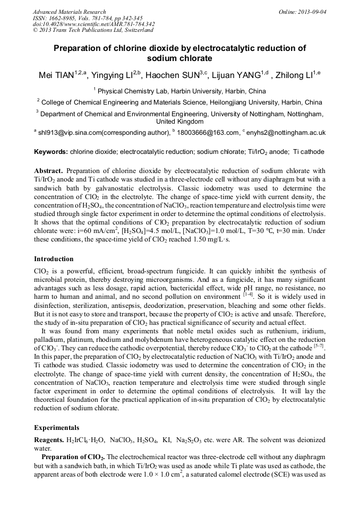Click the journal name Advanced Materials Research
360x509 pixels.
coord(69,12)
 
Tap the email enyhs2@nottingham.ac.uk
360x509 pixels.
coord(287,133)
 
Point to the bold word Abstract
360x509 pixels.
coord(49,171)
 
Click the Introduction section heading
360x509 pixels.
coord(54,259)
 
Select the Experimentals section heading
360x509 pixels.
coord(56,427)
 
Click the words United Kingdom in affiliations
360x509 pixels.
coord(181,122)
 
